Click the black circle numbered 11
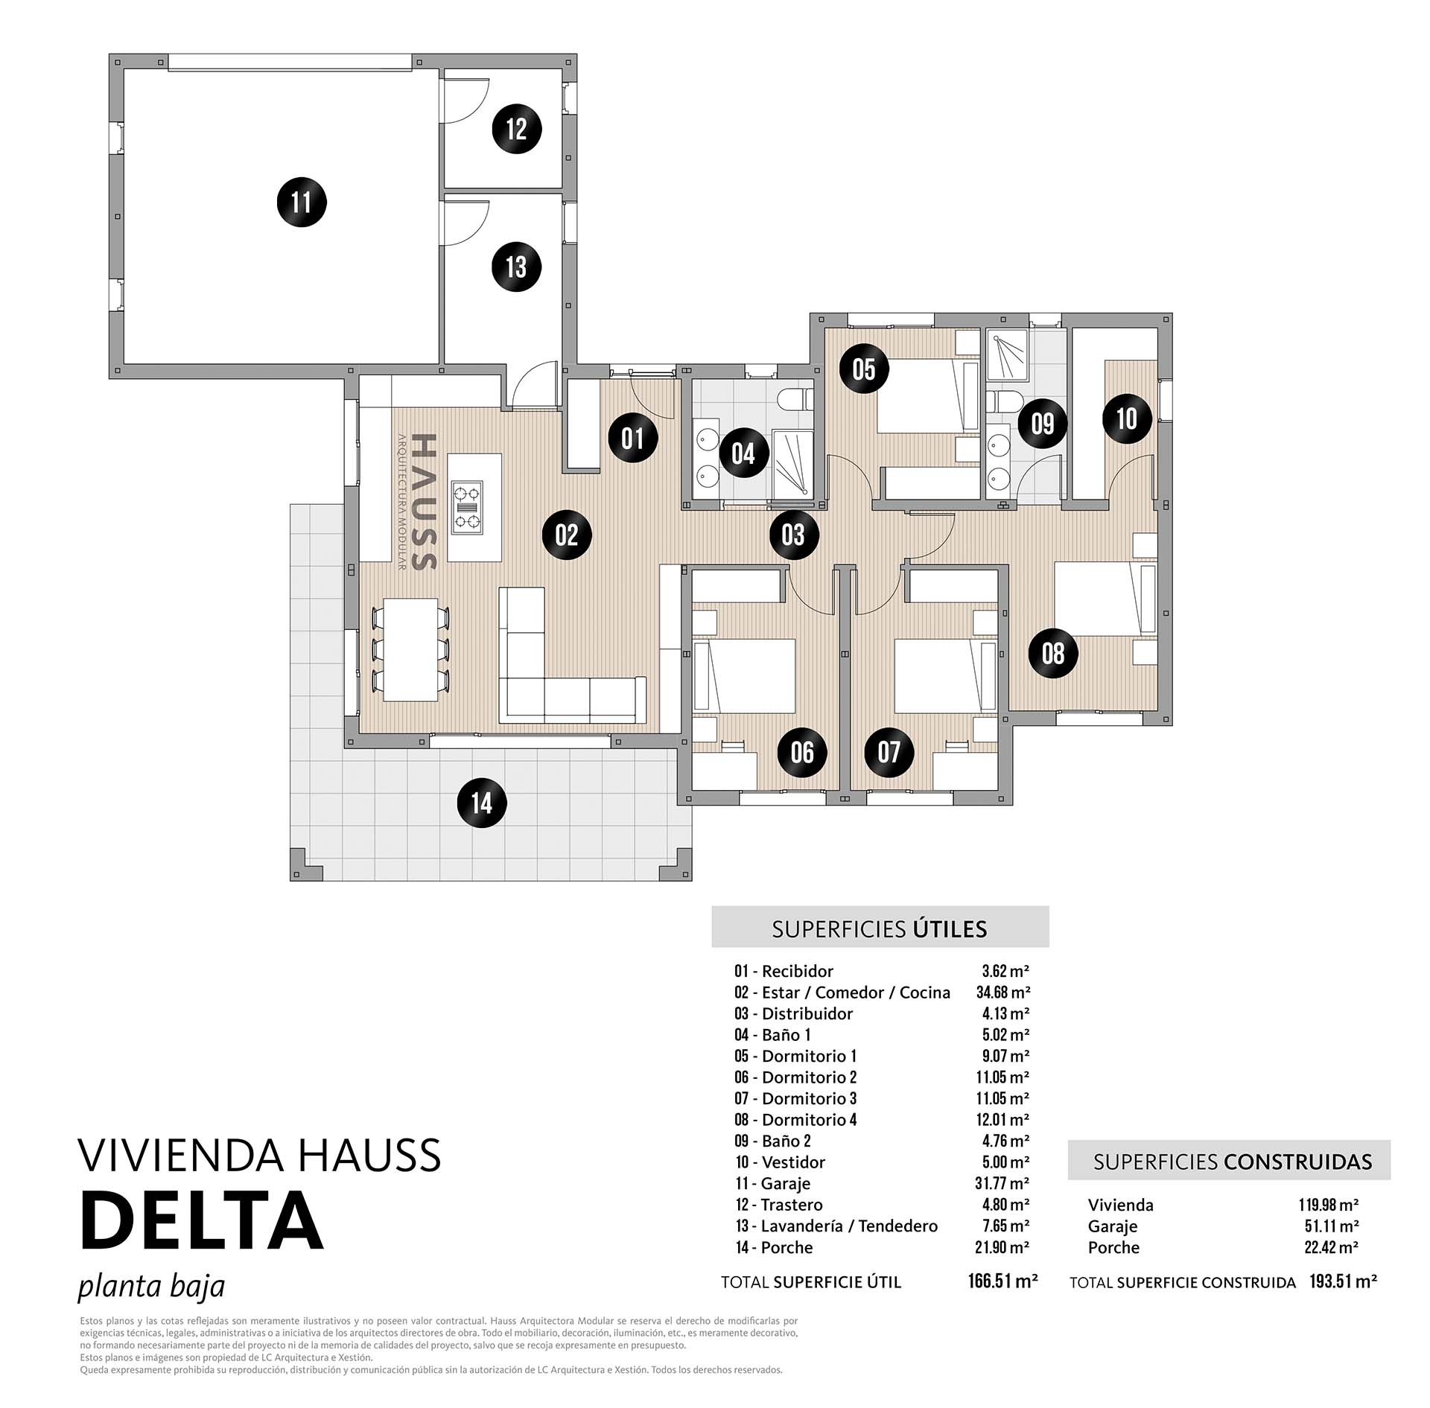(302, 202)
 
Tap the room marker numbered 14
(482, 803)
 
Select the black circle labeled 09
(1043, 424)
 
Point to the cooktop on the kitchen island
(467, 507)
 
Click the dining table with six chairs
(410, 650)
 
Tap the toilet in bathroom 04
(795, 401)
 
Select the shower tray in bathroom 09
(1008, 354)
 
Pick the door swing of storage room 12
(466, 101)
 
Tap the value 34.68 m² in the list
(1003, 992)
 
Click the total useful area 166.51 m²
(1002, 1281)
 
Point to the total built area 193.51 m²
(1343, 1281)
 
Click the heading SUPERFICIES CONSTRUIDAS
(1232, 1162)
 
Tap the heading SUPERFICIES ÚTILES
(880, 929)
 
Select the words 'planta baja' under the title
(151, 1287)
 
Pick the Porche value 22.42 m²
(1331, 1247)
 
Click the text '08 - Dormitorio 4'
(795, 1120)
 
